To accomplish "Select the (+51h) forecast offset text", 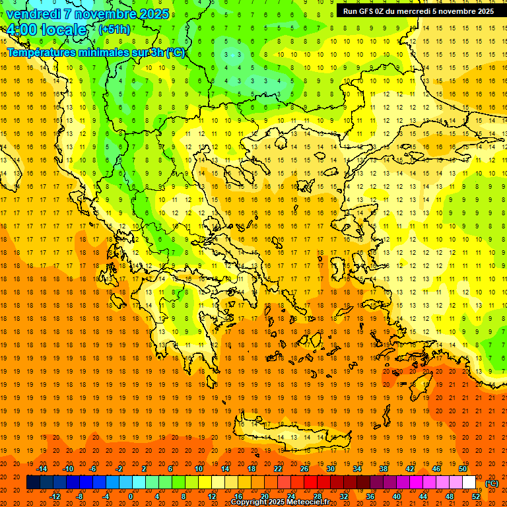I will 114,30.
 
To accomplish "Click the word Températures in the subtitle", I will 40,52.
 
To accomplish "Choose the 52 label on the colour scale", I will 476,496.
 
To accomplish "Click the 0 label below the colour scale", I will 130,496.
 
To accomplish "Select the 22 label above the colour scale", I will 278,469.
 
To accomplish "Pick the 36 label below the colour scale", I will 370,496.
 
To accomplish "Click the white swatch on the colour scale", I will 469,483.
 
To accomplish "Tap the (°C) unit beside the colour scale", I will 492,483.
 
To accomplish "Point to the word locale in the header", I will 63,30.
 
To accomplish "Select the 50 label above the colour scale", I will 462,469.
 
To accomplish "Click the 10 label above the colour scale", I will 199,469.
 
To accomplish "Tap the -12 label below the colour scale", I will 55,496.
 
